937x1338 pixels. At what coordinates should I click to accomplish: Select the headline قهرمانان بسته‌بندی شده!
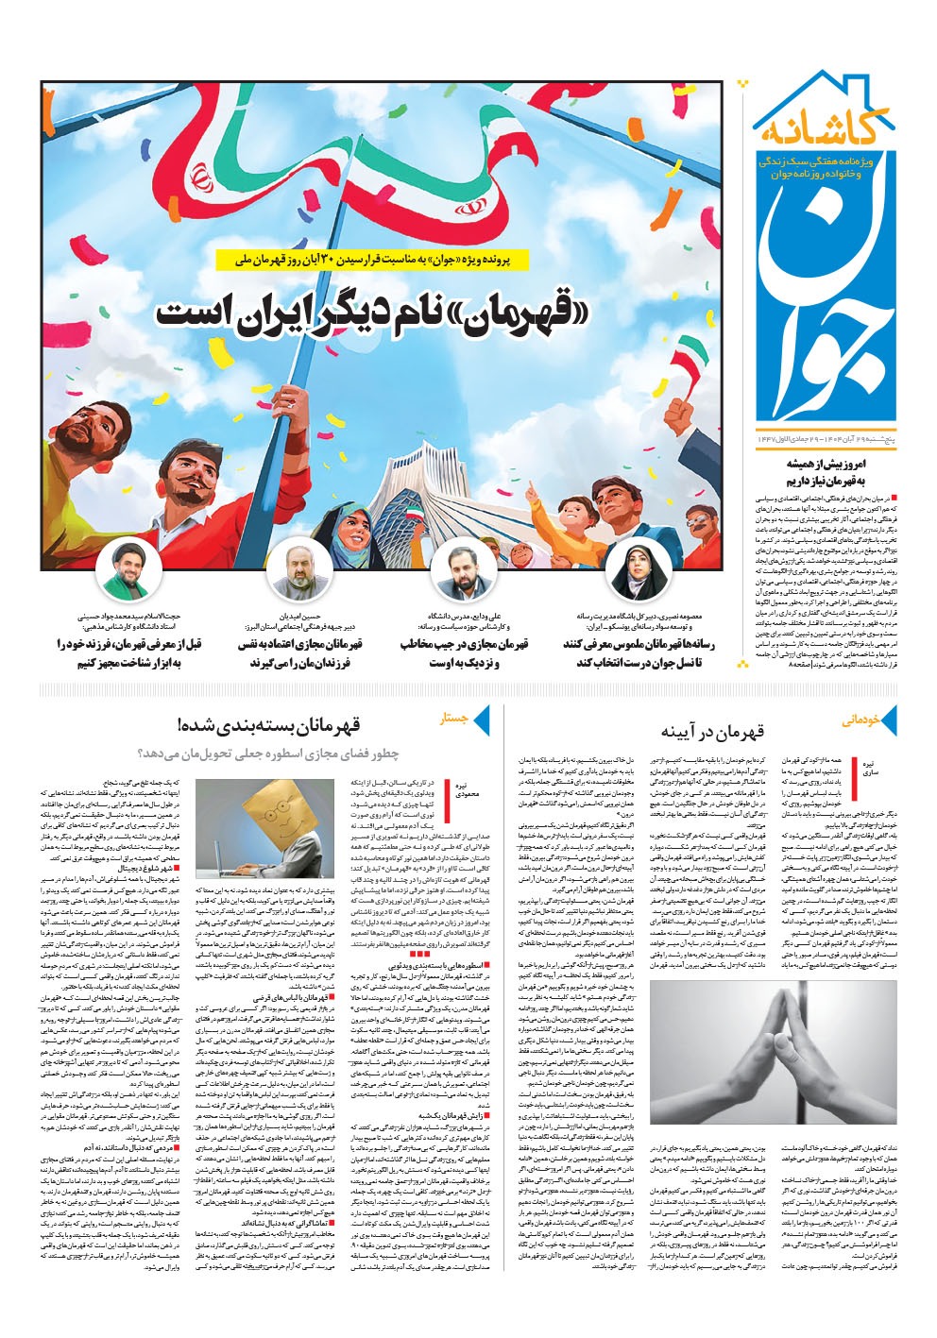(x=268, y=725)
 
